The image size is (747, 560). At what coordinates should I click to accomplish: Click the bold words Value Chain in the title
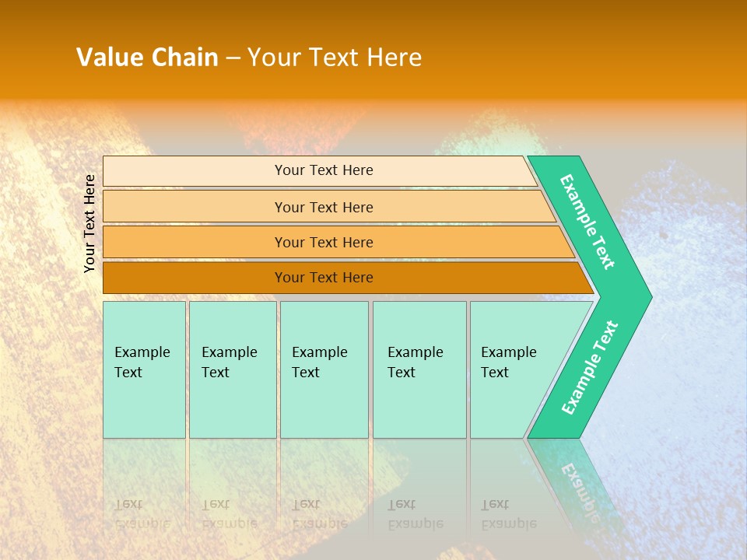pos(147,58)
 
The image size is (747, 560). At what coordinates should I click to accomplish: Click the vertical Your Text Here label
pos(89,223)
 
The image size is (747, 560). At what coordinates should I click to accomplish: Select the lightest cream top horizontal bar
pos(195,171)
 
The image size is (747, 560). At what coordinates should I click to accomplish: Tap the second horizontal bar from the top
pos(195,207)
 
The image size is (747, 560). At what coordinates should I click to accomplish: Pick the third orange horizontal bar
pos(195,242)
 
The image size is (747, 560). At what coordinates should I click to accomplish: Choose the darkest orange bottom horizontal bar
pos(195,278)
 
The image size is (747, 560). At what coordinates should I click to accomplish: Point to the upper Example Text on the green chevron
pos(587,222)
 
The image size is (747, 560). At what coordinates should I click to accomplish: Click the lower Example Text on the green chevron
pos(590,367)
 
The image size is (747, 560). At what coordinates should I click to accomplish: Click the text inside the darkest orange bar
pos(324,278)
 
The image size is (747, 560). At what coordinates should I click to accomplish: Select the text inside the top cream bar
pos(324,170)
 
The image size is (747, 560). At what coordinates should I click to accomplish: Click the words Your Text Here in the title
pos(335,58)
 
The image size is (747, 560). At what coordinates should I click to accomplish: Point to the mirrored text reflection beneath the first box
pos(142,513)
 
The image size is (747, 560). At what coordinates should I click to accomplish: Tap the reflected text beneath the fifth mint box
pos(508,513)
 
